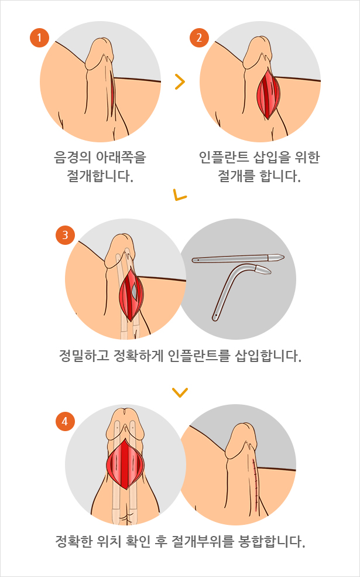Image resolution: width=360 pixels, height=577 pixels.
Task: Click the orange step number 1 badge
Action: [x=39, y=39]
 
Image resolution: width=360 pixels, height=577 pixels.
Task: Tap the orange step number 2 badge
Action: [x=199, y=39]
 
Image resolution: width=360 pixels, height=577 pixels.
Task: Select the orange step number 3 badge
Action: [x=64, y=235]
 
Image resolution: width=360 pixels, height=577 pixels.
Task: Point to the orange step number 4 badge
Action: [x=64, y=421]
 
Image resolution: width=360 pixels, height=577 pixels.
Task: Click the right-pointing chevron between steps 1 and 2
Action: [x=180, y=82]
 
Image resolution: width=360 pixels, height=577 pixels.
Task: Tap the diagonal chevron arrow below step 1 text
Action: [x=180, y=194]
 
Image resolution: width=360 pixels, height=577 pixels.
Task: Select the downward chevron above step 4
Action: [x=180, y=392]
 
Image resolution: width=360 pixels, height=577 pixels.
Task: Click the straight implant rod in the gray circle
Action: [x=237, y=259]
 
